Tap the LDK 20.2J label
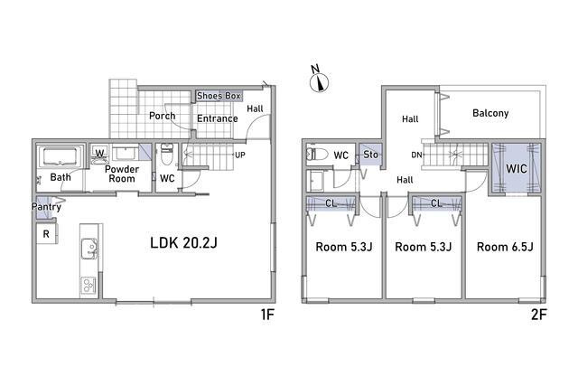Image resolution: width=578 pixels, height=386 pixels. (183, 243)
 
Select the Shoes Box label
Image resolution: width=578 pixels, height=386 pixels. (219, 96)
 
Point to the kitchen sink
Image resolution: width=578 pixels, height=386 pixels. (89, 249)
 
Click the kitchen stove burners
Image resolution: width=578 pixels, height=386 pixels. (89, 285)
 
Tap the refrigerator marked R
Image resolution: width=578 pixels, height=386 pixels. (47, 233)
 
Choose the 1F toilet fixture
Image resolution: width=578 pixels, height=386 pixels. (167, 155)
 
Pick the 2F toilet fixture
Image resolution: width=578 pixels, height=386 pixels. (317, 155)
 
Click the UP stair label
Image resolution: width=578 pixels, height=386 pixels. (240, 155)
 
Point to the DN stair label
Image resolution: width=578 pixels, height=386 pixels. (416, 155)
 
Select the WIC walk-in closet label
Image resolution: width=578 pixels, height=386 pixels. (517, 169)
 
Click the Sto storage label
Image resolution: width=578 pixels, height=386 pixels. (371, 155)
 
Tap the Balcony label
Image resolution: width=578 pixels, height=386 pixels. (490, 113)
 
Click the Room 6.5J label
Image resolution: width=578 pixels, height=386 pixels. (505, 247)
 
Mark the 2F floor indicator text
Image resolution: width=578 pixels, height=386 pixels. (539, 315)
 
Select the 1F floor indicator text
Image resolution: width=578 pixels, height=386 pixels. (267, 315)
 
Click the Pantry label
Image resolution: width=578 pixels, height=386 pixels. (46, 207)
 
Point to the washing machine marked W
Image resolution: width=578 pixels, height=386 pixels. (99, 154)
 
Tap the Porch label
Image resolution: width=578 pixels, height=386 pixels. (163, 116)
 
